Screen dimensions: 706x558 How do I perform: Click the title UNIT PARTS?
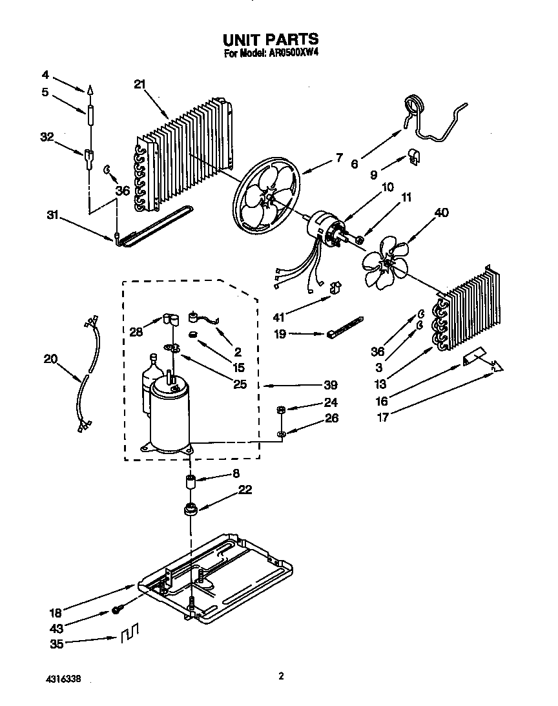tap(271, 40)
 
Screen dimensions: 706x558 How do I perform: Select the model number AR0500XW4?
tap(290, 54)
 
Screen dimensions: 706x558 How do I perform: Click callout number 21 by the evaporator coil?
tap(141, 84)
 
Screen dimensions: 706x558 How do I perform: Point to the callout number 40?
tap(442, 212)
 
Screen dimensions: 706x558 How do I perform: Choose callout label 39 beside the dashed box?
tap(330, 385)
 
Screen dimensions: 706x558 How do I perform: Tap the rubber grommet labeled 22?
tap(190, 510)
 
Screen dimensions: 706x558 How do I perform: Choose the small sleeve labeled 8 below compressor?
tap(191, 481)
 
